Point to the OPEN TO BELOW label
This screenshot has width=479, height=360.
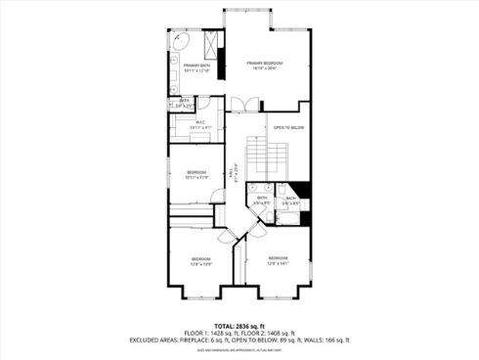pos(288,128)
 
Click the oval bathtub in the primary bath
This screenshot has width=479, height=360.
pos(182,43)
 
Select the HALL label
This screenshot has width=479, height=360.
pos(232,173)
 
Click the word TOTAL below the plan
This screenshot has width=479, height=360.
pos(224,326)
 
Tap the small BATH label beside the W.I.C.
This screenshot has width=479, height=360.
pos(183,100)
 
